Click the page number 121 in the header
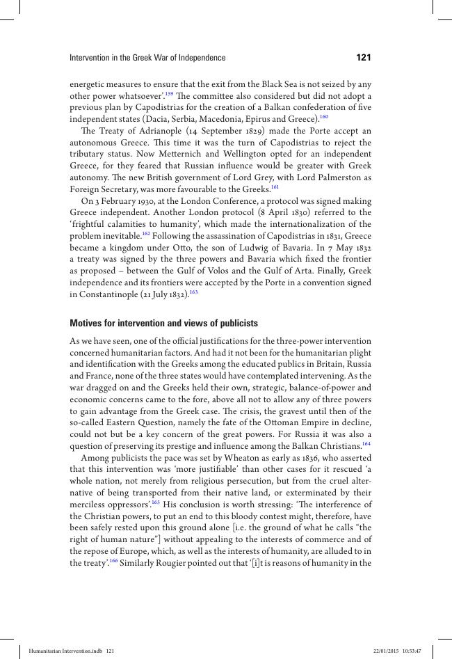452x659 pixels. click(x=364, y=58)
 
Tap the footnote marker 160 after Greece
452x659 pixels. click(x=323, y=117)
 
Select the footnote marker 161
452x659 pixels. click(x=275, y=187)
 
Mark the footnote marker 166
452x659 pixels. click(x=113, y=560)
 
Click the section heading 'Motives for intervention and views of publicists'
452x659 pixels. click(x=164, y=324)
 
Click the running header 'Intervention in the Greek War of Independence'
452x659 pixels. click(x=147, y=58)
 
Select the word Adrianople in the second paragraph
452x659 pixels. click(x=160, y=132)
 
